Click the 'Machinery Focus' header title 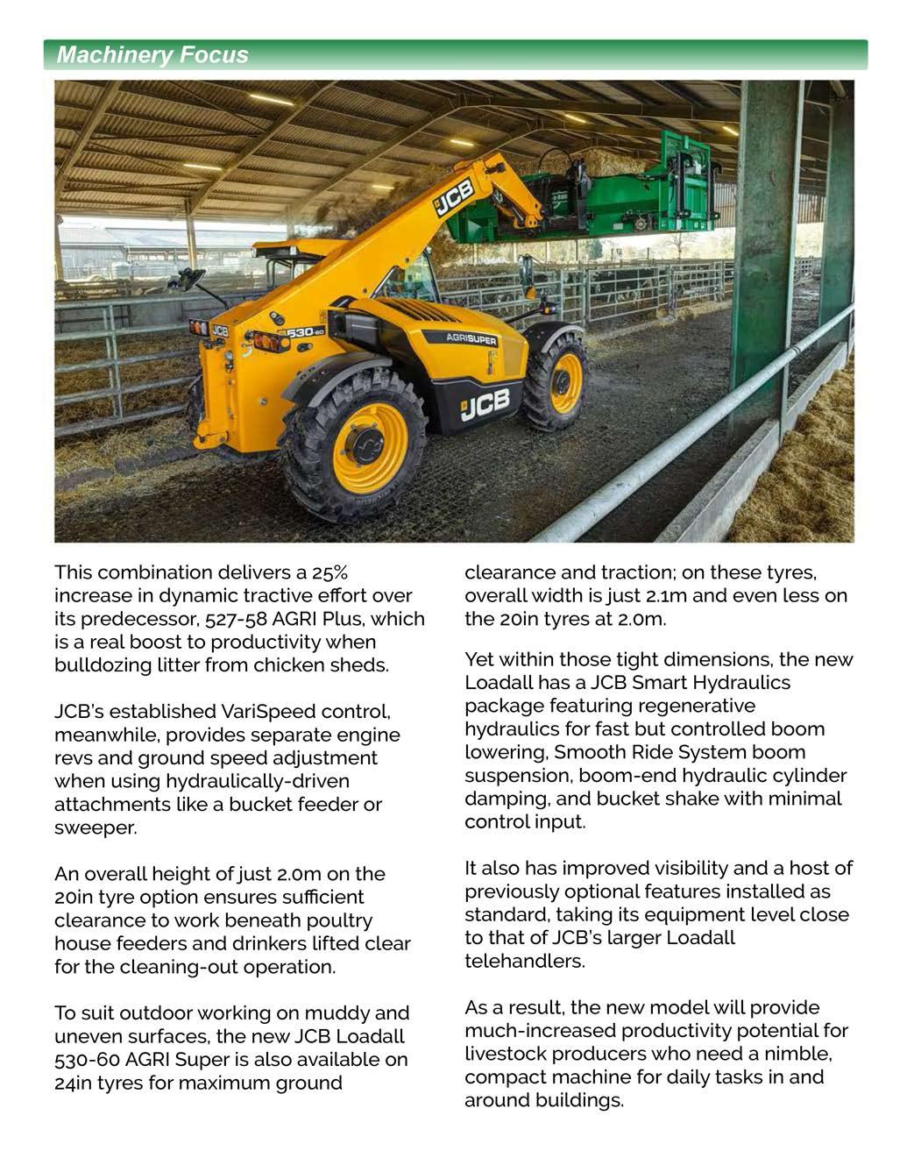click(152, 55)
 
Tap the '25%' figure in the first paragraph click(329, 572)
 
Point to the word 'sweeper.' click(96, 828)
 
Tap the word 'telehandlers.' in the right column click(524, 961)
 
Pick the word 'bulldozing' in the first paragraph click(99, 664)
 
